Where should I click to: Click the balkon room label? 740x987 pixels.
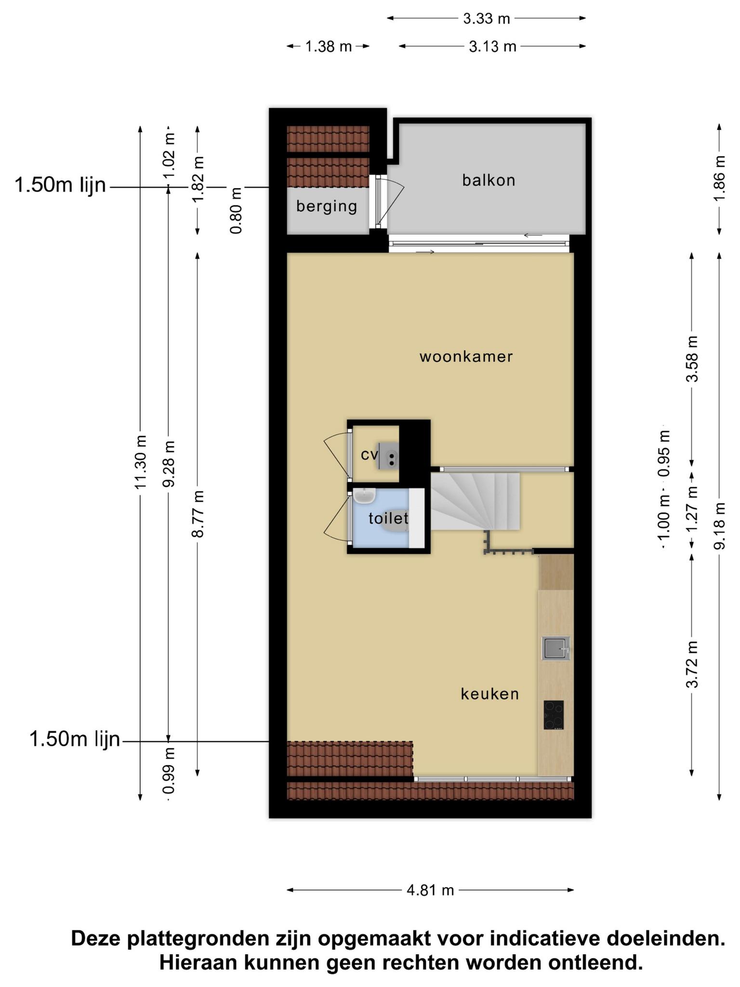[489, 180]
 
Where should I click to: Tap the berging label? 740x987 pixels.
[327, 206]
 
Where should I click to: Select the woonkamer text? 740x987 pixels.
[466, 357]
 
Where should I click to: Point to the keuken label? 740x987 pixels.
[490, 694]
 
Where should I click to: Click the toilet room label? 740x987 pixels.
[388, 519]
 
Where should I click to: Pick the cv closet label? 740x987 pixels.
[370, 454]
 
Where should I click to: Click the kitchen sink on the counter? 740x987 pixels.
[556, 648]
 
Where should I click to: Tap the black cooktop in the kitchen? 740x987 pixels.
[554, 715]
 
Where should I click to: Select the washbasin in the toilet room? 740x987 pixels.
[364, 495]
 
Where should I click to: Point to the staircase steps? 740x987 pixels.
[475, 501]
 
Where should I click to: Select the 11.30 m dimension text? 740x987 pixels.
[140, 463]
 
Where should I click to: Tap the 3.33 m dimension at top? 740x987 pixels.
[486, 19]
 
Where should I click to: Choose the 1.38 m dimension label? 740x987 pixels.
[328, 47]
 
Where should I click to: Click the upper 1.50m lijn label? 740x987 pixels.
[60, 185]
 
